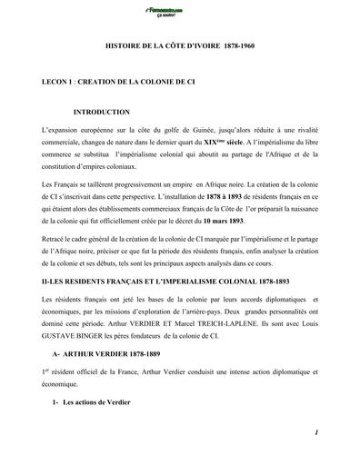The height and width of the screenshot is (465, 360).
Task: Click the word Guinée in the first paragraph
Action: [x=193, y=132]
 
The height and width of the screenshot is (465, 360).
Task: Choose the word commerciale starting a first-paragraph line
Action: [x=65, y=143]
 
